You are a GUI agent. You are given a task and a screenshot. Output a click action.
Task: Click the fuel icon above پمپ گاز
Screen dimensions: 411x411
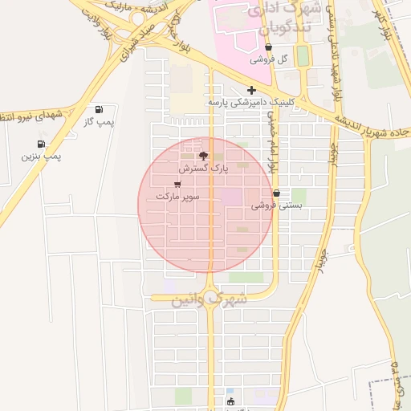pos(99,109)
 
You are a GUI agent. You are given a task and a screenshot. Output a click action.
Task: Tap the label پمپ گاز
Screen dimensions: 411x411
pos(100,122)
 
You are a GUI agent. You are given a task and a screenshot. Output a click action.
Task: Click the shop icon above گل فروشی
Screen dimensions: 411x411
pos(267,48)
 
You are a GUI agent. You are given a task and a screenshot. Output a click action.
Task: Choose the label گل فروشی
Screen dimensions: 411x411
pos(268,59)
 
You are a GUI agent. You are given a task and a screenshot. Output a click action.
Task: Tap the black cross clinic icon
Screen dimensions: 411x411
pos(251,90)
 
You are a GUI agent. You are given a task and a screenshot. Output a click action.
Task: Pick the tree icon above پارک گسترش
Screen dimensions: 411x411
pos(203,156)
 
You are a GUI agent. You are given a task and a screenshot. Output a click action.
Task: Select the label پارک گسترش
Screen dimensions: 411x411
pos(203,169)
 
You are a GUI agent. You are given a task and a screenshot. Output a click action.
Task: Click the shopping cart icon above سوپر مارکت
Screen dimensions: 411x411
pos(177,184)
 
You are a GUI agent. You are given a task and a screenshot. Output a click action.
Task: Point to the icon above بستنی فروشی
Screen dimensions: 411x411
pos(277,193)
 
